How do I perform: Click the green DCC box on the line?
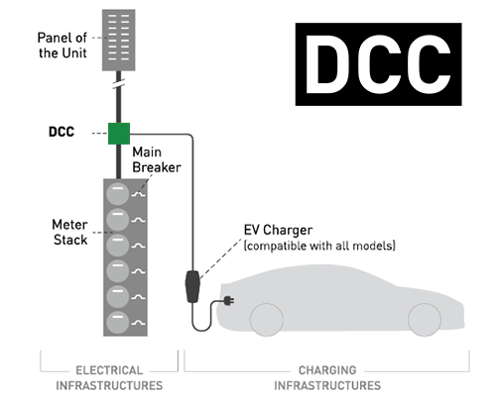[x=119, y=133]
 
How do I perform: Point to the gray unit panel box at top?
[x=119, y=34]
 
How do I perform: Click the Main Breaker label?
[x=157, y=159]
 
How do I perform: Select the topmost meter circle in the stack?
[x=118, y=192]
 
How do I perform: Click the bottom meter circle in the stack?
[x=118, y=322]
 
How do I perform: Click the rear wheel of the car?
[x=424, y=319]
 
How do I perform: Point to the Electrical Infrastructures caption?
[x=108, y=378]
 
